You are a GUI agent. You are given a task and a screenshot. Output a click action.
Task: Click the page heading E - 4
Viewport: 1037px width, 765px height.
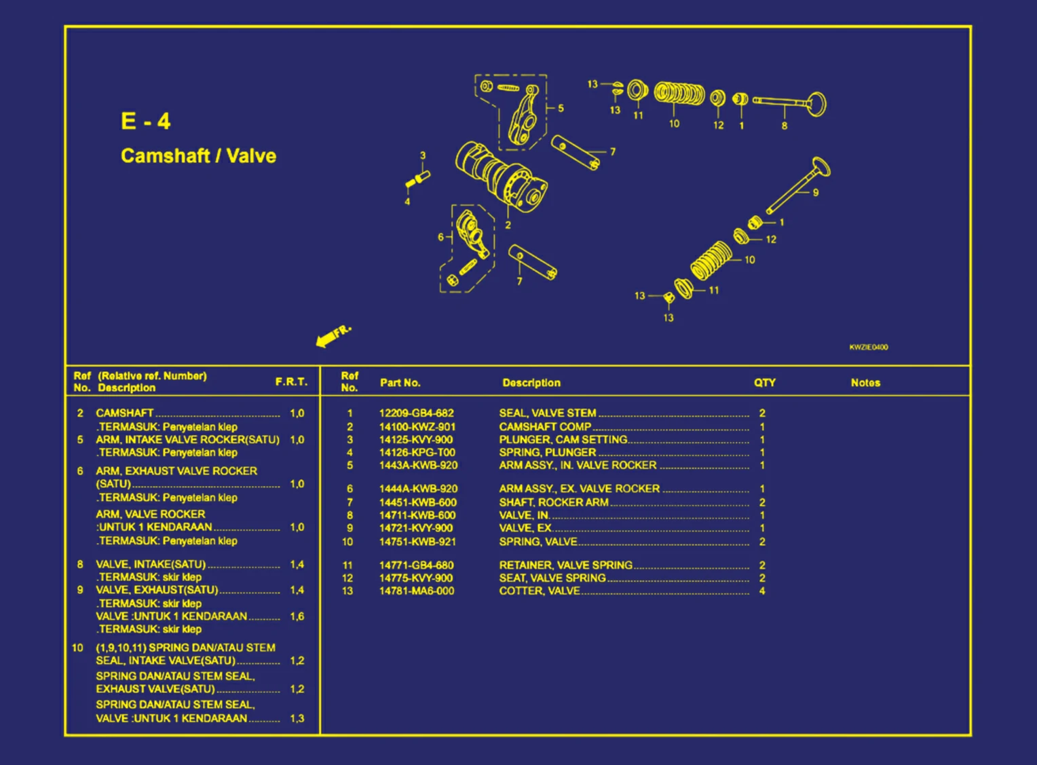pyautogui.click(x=146, y=122)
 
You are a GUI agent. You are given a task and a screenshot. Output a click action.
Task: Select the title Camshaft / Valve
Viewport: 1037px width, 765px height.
pyautogui.click(x=198, y=156)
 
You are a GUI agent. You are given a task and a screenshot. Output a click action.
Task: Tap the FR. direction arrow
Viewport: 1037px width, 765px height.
pyautogui.click(x=333, y=335)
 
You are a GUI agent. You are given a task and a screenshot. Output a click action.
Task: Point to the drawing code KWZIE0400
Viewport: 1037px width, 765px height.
pyautogui.click(x=868, y=348)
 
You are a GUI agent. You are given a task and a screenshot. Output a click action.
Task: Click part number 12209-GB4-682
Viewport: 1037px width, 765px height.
pyautogui.click(x=416, y=413)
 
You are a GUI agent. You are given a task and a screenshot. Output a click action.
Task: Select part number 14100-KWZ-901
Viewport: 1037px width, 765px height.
pyautogui.click(x=417, y=427)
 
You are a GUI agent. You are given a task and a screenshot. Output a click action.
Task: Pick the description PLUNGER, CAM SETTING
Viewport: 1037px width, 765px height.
pyautogui.click(x=563, y=440)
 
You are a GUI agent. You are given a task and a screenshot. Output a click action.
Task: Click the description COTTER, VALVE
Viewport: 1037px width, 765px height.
pyautogui.click(x=540, y=591)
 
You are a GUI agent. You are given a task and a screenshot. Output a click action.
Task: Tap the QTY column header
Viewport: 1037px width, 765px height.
pyautogui.click(x=764, y=383)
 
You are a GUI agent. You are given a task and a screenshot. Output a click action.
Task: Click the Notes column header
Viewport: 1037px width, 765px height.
pyautogui.click(x=865, y=383)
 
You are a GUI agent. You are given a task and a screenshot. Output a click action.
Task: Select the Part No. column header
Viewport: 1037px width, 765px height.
pyautogui.click(x=400, y=383)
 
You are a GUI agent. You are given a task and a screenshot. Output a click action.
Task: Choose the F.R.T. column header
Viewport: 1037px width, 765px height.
pyautogui.click(x=291, y=382)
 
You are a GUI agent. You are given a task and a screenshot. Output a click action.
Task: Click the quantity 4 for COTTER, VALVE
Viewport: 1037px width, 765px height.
pyautogui.click(x=762, y=591)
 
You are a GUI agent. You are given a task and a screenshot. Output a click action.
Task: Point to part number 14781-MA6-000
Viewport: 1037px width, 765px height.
pyautogui.click(x=416, y=591)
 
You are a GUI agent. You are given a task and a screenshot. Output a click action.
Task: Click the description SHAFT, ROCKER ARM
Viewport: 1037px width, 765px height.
pyautogui.click(x=553, y=502)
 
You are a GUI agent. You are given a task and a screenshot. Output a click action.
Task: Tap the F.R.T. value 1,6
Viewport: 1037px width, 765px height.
pyautogui.click(x=297, y=616)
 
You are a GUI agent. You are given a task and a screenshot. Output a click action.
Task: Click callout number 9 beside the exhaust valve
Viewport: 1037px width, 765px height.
pyautogui.click(x=816, y=193)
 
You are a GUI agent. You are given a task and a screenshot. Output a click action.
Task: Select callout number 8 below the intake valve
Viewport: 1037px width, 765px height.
pyautogui.click(x=785, y=126)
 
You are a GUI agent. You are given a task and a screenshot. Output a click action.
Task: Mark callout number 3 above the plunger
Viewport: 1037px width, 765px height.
pyautogui.click(x=423, y=155)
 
